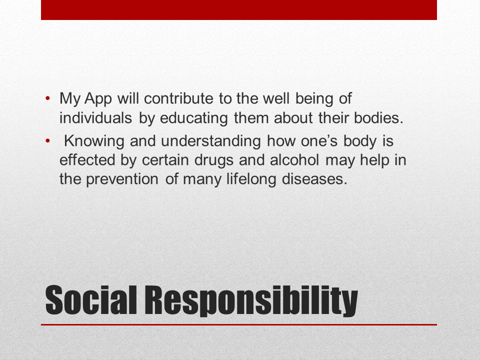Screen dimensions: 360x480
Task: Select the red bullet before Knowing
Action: pyautogui.click(x=48, y=141)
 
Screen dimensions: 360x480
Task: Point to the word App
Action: pyautogui.click(x=99, y=99)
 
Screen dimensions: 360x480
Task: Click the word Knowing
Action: pyautogui.click(x=94, y=141)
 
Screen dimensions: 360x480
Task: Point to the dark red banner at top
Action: pyautogui.click(x=239, y=9)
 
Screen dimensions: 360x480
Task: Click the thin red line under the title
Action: pyautogui.click(x=239, y=324)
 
